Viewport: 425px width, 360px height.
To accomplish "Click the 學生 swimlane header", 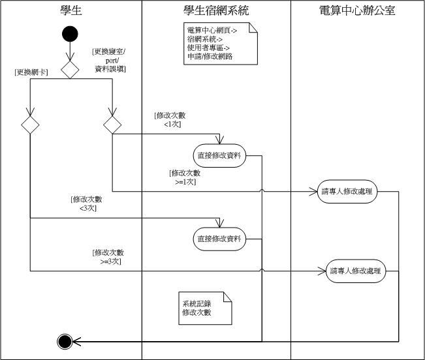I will (70, 10).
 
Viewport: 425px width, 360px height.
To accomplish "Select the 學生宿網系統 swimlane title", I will (215, 10).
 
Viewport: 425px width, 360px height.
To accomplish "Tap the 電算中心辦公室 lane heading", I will (357, 10).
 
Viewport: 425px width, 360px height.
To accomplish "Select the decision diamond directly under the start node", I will (70, 69).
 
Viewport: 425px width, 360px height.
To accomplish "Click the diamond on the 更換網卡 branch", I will (30, 125).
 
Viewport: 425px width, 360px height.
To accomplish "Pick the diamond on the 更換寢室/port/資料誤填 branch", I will (112, 125).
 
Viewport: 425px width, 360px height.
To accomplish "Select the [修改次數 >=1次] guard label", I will (183, 177).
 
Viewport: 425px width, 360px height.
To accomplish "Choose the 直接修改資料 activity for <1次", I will (219, 155).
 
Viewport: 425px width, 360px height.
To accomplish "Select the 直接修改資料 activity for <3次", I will (219, 239).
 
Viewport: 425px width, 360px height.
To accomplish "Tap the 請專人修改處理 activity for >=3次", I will (355, 271).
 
